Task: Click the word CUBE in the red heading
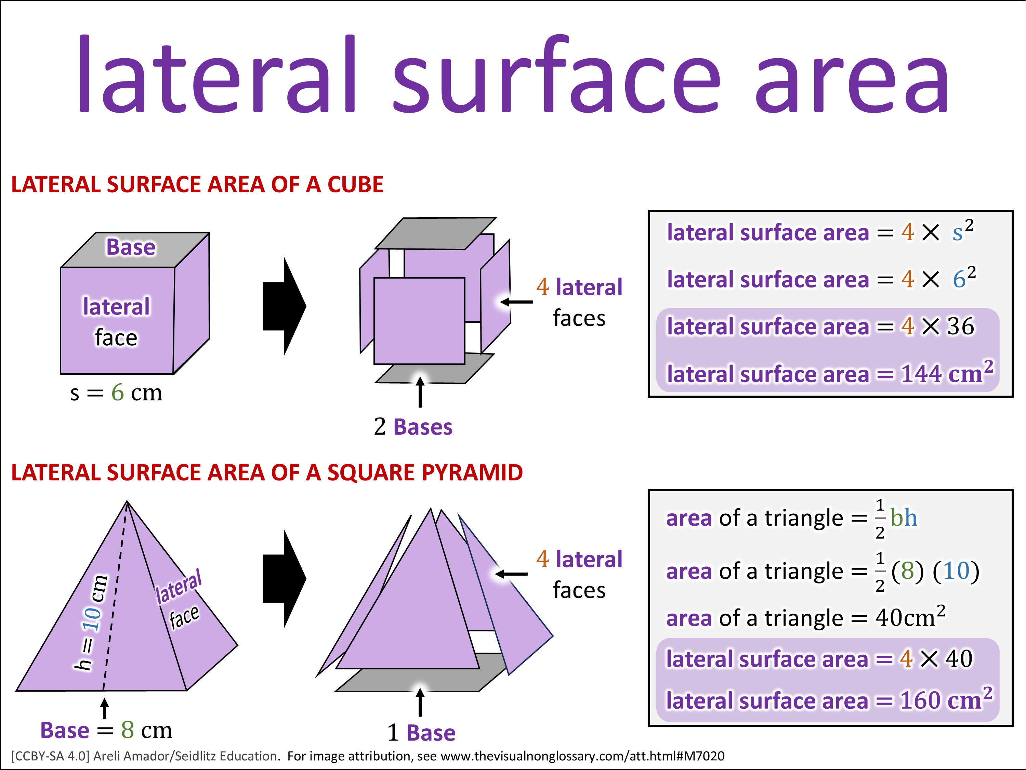point(355,184)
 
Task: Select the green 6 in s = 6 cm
point(117,392)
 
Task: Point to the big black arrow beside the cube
point(284,306)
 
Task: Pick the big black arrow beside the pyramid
point(284,579)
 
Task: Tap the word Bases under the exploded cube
point(423,426)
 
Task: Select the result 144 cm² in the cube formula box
point(947,372)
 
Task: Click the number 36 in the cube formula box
point(960,326)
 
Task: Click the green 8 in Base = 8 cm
point(128,730)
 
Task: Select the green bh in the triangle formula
point(904,517)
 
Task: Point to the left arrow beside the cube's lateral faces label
point(516,302)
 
